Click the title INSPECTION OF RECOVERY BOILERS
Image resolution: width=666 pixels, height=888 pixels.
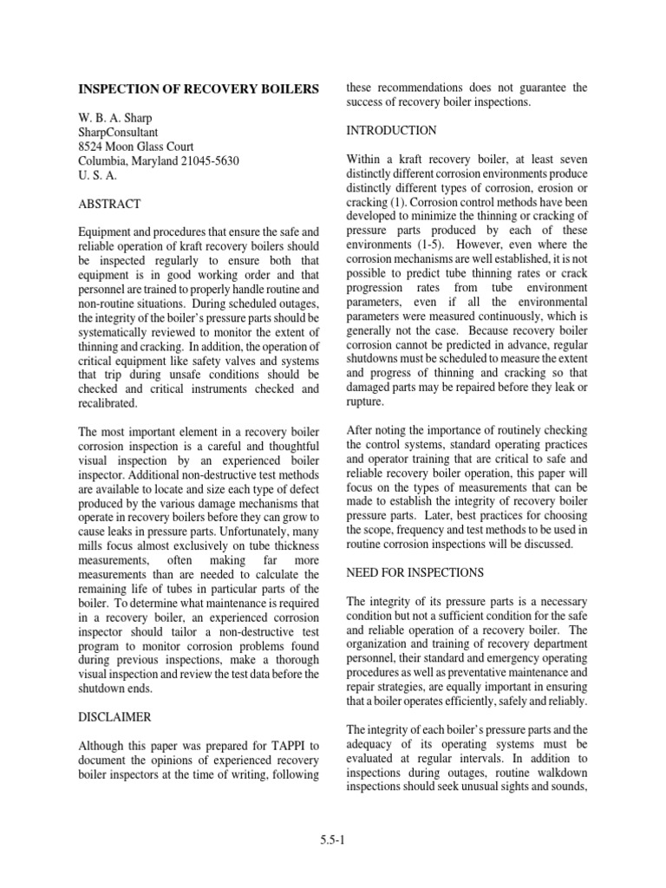pos(199,88)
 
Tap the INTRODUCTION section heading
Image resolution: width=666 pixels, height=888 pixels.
pos(391,131)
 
